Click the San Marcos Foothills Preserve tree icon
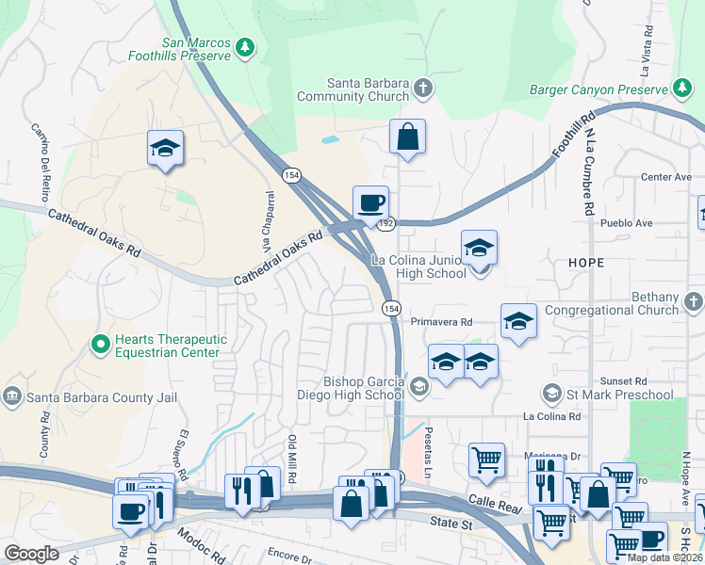tap(245, 47)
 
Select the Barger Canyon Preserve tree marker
tap(683, 89)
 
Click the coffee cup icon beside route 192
tap(370, 202)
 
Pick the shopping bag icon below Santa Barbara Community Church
tap(407, 137)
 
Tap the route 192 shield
tap(386, 224)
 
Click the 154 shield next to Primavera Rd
tap(390, 309)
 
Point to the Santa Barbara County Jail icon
tap(13, 396)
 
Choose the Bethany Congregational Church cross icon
tap(693, 302)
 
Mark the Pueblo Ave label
tap(631, 223)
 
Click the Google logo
tap(31, 553)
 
